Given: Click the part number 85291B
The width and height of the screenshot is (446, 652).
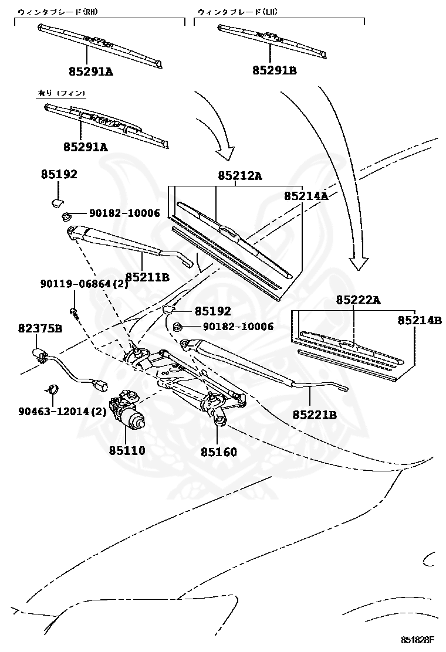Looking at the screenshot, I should (x=275, y=71).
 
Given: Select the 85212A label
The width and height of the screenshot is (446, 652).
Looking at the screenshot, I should (x=239, y=175).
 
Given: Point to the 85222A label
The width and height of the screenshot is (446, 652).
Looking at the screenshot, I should (x=358, y=300).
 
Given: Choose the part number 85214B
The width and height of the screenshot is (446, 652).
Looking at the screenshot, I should (x=420, y=320).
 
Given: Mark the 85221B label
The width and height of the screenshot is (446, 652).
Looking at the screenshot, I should (x=315, y=415).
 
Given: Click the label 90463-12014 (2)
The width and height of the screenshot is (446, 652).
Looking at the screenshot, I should (x=62, y=412).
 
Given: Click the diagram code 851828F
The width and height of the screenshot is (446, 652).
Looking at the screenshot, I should (x=417, y=639).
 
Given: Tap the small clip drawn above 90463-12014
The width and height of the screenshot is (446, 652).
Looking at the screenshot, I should (x=51, y=388).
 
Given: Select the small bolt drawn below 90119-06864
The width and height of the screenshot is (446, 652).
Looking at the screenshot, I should (x=73, y=311).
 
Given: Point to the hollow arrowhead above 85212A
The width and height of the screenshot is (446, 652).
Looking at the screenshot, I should (x=225, y=153).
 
